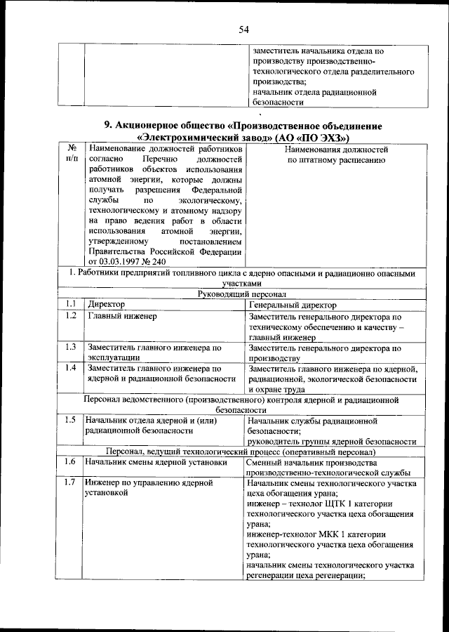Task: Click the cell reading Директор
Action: (x=106, y=305)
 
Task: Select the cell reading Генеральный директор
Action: (x=293, y=305)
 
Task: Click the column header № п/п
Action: (x=70, y=154)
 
